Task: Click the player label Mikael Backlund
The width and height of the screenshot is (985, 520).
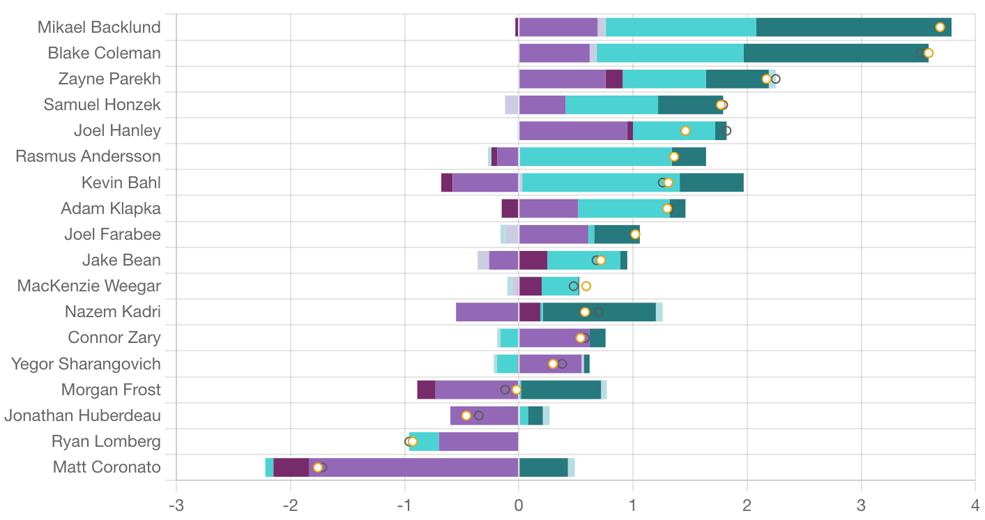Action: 99,27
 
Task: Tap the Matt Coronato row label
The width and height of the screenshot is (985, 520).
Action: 107,467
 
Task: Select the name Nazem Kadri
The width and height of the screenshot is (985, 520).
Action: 112,312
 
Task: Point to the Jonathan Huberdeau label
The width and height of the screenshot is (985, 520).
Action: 82,415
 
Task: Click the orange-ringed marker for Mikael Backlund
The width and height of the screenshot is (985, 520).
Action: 940,27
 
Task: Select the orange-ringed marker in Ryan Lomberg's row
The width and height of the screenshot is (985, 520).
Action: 412,441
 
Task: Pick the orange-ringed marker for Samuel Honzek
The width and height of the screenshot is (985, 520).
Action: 721,105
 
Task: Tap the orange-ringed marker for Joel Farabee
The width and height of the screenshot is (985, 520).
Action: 635,234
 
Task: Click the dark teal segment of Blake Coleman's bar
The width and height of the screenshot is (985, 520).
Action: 830,53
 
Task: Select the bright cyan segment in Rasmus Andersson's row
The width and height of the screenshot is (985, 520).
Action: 595,156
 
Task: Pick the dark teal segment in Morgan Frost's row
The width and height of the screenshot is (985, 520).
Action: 560,390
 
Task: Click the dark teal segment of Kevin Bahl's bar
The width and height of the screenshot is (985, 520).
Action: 712,183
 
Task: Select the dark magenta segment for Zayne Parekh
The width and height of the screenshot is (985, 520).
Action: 614,79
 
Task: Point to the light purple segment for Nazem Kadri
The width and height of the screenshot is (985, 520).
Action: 487,312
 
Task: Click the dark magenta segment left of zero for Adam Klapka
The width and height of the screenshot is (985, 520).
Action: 510,208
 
